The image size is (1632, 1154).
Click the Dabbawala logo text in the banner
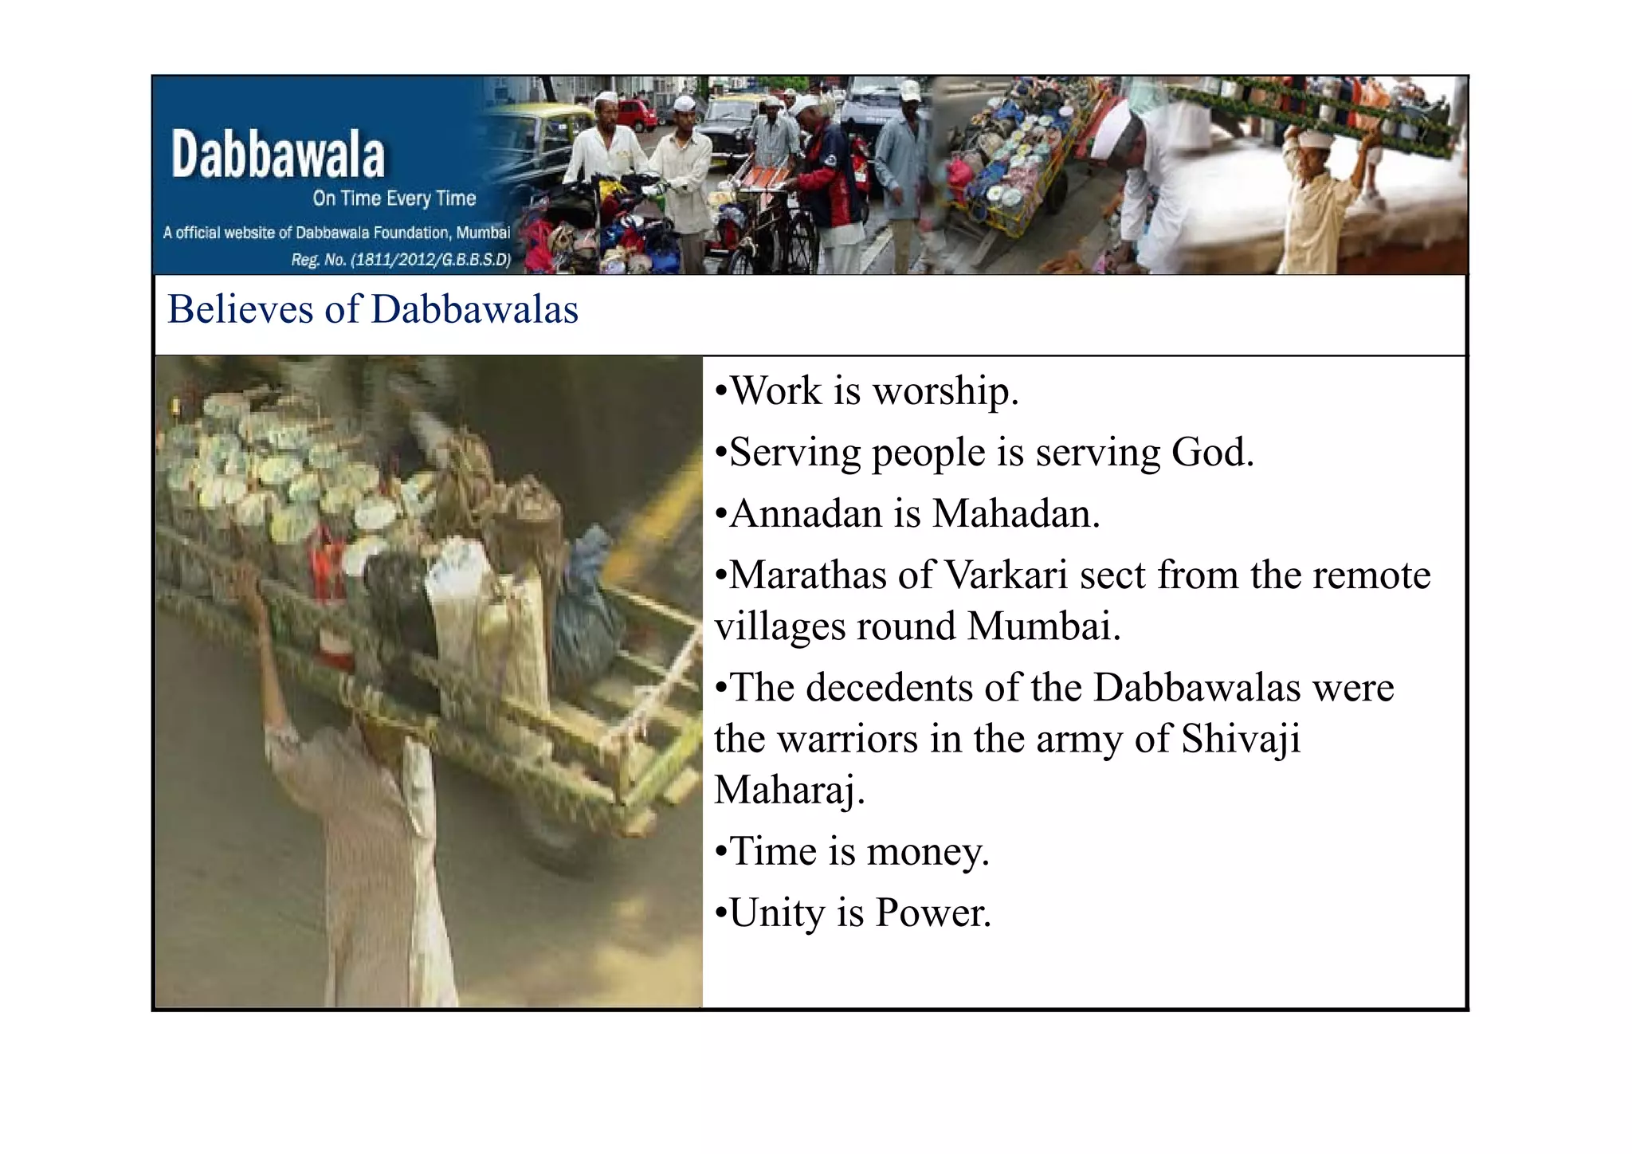[277, 155]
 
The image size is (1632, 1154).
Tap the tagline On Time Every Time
[394, 198]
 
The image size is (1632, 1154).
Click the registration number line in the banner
[401, 260]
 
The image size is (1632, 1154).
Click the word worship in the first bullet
[945, 392]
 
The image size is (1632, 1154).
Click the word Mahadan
[1015, 513]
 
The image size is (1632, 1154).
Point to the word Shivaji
[1240, 740]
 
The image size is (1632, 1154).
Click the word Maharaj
[789, 791]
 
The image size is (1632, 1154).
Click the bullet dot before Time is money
[721, 853]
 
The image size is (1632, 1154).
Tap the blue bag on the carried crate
[590, 606]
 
